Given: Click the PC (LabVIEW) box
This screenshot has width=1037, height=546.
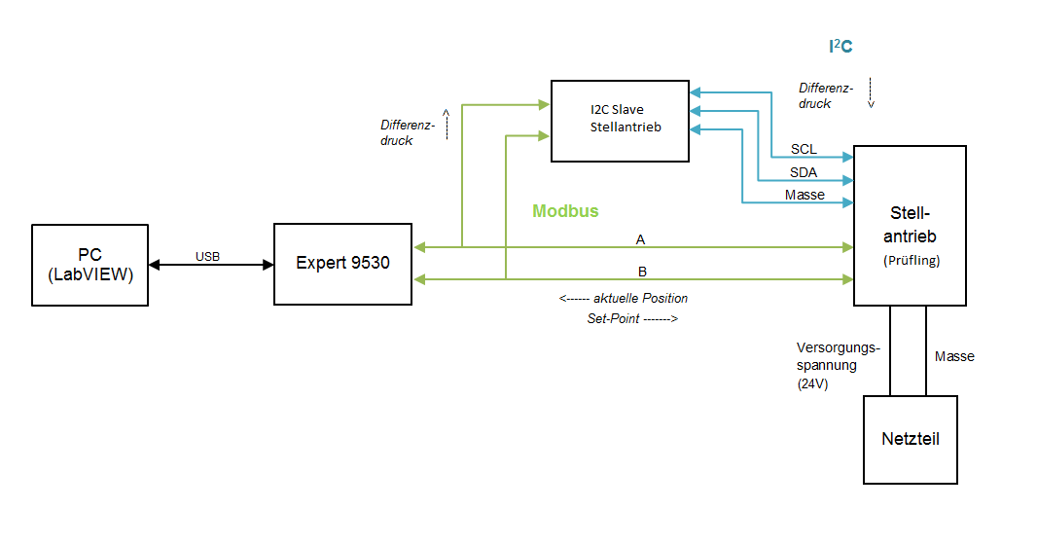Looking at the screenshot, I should pyautogui.click(x=89, y=265).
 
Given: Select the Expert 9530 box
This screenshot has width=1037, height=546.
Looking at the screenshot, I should pyautogui.click(x=342, y=263).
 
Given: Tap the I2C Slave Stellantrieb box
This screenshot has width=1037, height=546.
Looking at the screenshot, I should pyautogui.click(x=621, y=121).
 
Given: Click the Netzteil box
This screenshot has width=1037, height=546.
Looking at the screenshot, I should pyautogui.click(x=911, y=439).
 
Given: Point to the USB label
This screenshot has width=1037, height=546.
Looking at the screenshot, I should pyautogui.click(x=207, y=257).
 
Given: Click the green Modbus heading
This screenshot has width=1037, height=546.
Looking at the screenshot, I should pyautogui.click(x=565, y=211).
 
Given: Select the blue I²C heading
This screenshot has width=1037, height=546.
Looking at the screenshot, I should pyautogui.click(x=840, y=46).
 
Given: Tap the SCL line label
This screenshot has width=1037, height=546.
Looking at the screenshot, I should pyautogui.click(x=804, y=149).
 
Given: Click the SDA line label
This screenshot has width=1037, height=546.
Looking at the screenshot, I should pyautogui.click(x=804, y=172).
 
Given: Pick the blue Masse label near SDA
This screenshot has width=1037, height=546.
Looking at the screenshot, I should pyautogui.click(x=805, y=195).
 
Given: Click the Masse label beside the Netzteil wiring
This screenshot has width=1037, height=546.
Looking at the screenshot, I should pyautogui.click(x=954, y=356).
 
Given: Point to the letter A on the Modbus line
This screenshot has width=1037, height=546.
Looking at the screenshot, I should pyautogui.click(x=640, y=238).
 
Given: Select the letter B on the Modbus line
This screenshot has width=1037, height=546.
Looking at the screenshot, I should pyautogui.click(x=641, y=271).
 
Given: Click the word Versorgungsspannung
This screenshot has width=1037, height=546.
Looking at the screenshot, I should pyautogui.click(x=838, y=356).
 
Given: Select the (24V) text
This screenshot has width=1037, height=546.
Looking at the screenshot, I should pyautogui.click(x=812, y=383).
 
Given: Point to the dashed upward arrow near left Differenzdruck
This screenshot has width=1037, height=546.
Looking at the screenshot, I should pyautogui.click(x=447, y=125).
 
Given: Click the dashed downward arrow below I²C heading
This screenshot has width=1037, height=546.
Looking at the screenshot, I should pyautogui.click(x=872, y=91).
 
